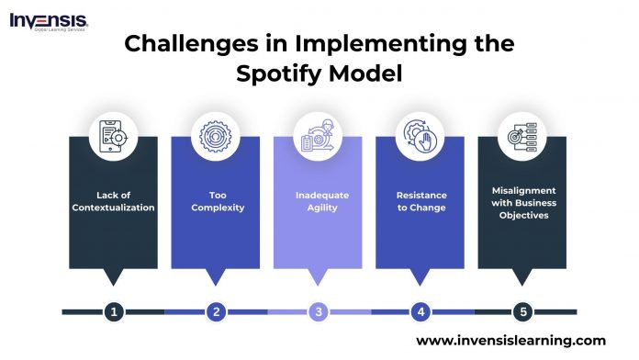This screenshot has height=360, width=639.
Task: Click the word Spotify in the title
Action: tap(282, 73)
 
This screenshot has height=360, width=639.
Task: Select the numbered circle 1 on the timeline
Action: tap(114, 311)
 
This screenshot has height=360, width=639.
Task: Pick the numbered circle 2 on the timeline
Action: tap(217, 311)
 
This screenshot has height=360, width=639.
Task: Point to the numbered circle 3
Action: tap(319, 311)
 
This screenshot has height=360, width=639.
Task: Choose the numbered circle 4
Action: tap(421, 311)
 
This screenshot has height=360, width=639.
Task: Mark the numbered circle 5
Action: tap(523, 311)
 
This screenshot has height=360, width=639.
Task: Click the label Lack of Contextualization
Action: tap(114, 201)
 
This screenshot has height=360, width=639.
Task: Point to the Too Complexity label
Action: tap(217, 201)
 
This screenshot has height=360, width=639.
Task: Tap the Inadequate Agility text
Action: tap(319, 201)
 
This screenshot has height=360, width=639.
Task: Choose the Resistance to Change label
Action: tap(421, 201)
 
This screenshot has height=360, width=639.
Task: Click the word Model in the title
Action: tap(366, 73)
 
